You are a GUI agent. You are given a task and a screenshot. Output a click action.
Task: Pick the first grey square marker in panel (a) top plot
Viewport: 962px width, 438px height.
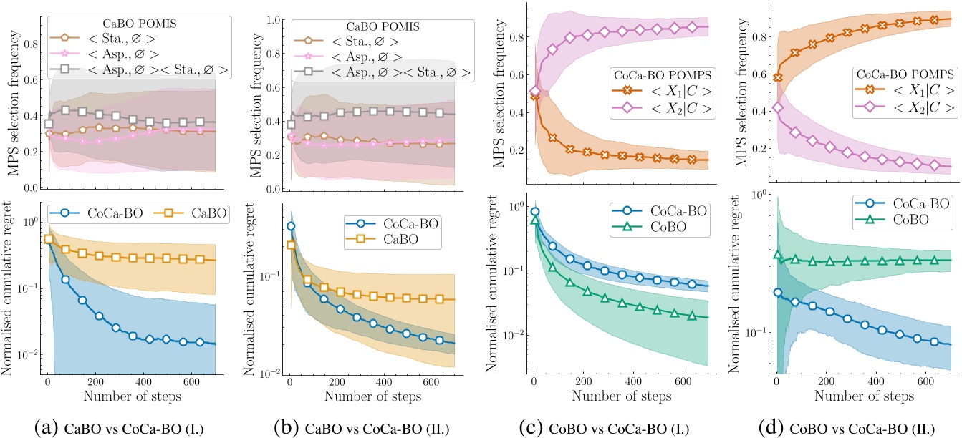tap(49, 123)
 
